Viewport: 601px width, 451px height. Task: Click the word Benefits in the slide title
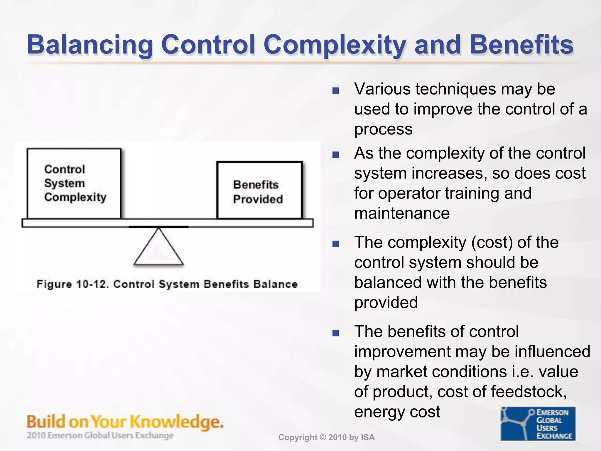(521, 45)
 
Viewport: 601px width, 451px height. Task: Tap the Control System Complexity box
(74, 184)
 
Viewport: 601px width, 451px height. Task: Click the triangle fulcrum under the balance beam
(158, 250)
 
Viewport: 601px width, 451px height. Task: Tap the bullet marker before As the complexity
(335, 154)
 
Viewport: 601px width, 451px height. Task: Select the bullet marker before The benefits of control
(335, 333)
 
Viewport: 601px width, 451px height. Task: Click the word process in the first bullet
(383, 129)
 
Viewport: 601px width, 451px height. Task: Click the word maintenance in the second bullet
(402, 213)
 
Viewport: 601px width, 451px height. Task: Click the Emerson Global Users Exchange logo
(538, 424)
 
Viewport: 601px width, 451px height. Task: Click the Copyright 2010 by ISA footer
(326, 437)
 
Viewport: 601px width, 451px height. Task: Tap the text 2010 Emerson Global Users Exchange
(100, 435)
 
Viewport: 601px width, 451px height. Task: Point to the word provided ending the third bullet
(386, 303)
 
